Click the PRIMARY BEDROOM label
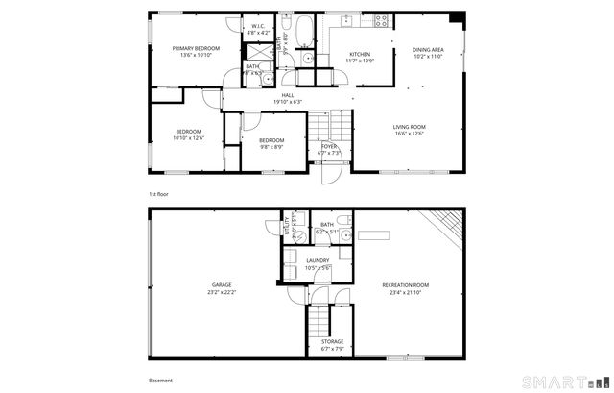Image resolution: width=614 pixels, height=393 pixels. coord(196,48)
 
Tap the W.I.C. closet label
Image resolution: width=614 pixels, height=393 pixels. coord(258,27)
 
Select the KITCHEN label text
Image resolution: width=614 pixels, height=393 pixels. coord(360,54)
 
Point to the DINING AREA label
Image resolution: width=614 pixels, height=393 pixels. coord(428,49)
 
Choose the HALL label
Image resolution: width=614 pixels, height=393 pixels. coord(287,95)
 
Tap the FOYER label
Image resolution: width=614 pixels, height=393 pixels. coord(329,146)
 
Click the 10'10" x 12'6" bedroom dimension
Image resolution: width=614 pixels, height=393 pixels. coord(188,137)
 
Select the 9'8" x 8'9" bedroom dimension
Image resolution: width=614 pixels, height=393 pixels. coord(272,147)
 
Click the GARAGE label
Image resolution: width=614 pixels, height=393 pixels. coord(221,284)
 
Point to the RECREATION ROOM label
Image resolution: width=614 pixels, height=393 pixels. coord(405,284)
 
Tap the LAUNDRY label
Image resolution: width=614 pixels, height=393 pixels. coord(318,260)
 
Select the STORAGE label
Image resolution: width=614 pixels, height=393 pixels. coord(332,341)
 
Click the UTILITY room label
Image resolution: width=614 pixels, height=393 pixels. coord(286,228)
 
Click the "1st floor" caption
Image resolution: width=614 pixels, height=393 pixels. coord(158,194)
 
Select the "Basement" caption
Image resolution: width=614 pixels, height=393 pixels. coord(160,380)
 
